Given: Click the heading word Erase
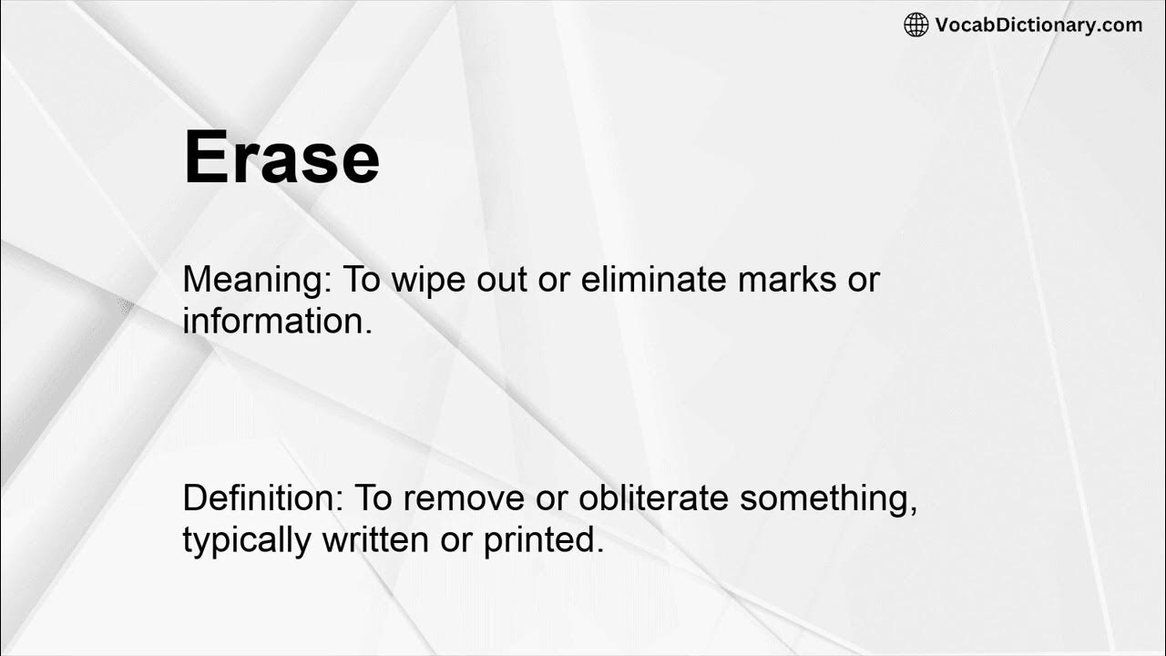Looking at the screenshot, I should (281, 158).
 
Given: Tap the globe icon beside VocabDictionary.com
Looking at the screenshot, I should (915, 25).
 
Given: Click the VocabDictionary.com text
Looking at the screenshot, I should (1038, 25).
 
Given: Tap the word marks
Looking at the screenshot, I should (788, 279).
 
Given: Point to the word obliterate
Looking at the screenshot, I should (654, 498).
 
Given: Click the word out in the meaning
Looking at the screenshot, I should (501, 279).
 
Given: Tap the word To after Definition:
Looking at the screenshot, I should (373, 498).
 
